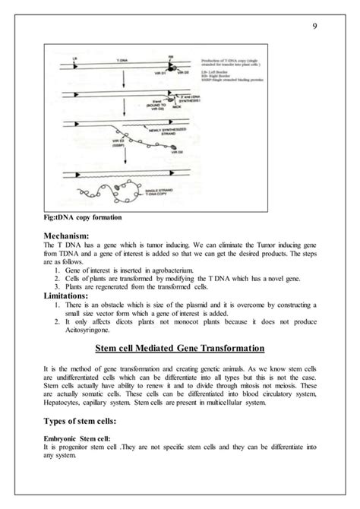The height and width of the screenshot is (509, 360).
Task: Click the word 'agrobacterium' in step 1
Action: (168, 270)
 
